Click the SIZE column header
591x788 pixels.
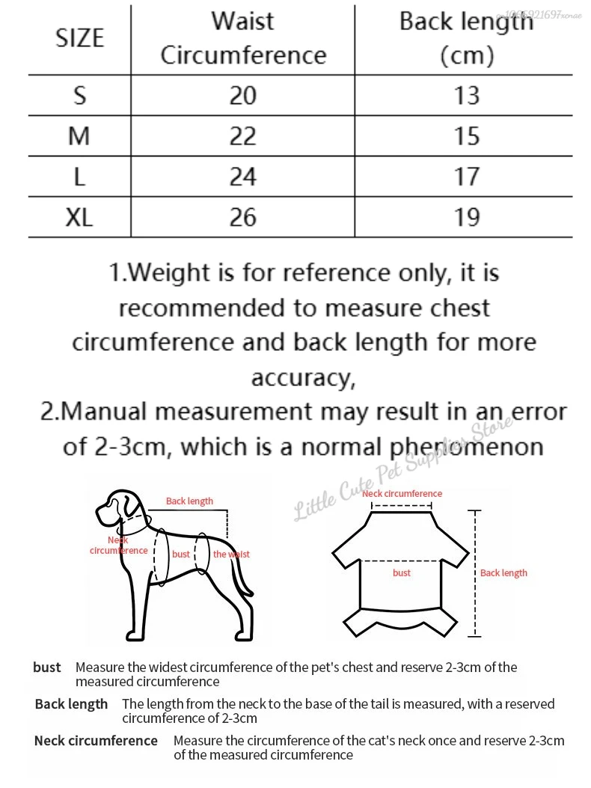[x=79, y=37]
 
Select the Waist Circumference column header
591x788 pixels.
[x=243, y=37]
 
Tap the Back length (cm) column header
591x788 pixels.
[x=466, y=37]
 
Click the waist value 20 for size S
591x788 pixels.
[x=243, y=95]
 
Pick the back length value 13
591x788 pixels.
[x=466, y=95]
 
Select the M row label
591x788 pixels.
[x=79, y=135]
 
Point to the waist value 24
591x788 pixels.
[x=243, y=177]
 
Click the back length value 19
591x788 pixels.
[x=466, y=217]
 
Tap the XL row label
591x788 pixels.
[x=79, y=217]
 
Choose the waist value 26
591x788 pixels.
[x=243, y=217]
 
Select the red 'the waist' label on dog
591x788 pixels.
[x=231, y=555]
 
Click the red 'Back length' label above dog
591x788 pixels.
[x=189, y=501]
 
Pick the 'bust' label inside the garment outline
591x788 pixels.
[x=402, y=572]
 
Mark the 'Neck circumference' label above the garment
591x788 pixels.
[x=402, y=494]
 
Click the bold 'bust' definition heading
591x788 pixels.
[x=47, y=667]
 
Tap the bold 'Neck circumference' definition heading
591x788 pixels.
[x=96, y=741]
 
